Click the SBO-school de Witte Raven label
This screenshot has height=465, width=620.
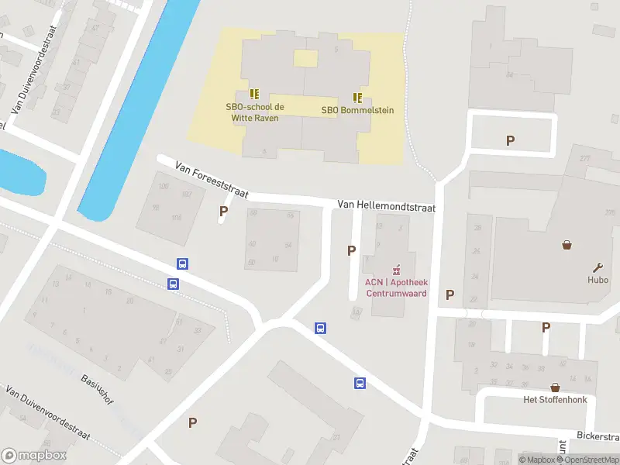[255, 112]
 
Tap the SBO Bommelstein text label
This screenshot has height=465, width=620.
[357, 110]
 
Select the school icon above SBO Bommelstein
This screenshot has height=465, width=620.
[357, 98]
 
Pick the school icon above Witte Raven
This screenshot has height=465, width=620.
[255, 93]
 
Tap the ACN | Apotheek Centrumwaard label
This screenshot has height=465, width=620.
[396, 288]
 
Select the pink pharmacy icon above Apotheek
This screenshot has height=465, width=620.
[397, 270]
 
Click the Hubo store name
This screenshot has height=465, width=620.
[598, 280]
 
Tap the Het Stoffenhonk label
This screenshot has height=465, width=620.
[555, 400]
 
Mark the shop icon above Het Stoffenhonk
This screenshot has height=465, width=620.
[555, 387]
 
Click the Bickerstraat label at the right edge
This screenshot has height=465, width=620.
[598, 436]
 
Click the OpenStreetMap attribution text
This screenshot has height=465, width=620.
[592, 460]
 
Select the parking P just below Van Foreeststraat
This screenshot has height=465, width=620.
[224, 211]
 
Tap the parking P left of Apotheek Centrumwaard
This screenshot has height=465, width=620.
[352, 250]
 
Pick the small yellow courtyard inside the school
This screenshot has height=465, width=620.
[305, 59]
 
